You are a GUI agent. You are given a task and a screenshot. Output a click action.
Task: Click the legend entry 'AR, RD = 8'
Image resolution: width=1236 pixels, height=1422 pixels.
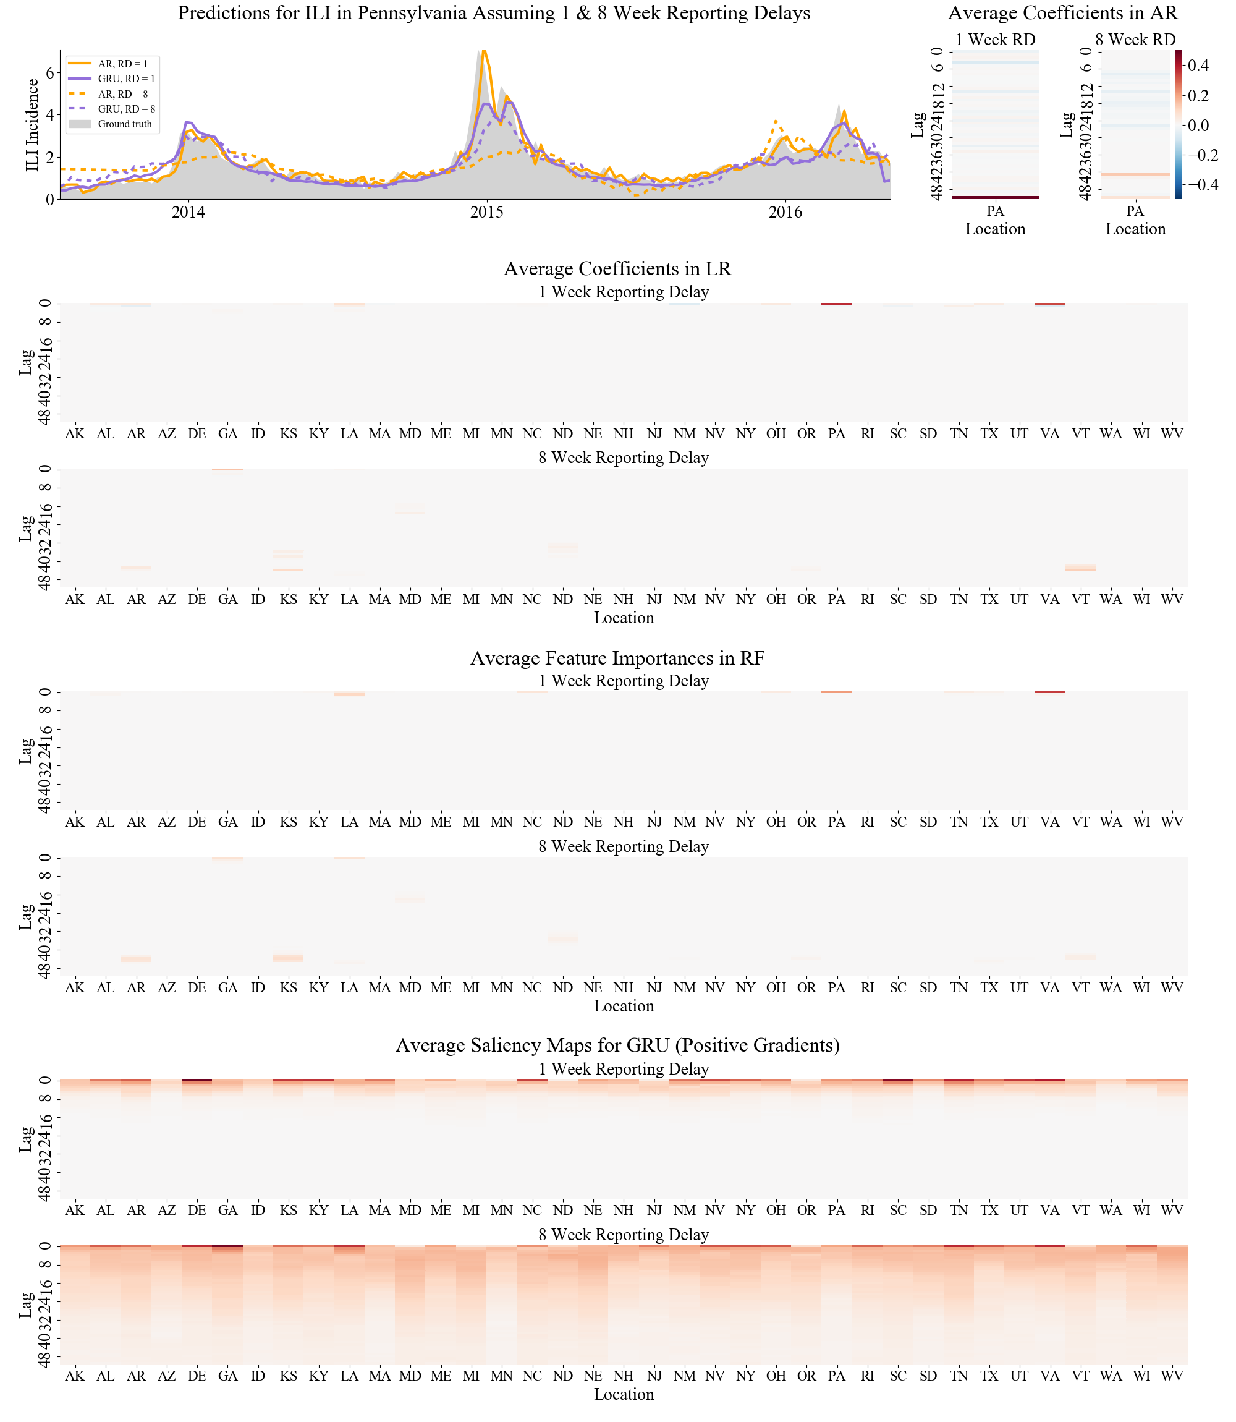[x=122, y=94]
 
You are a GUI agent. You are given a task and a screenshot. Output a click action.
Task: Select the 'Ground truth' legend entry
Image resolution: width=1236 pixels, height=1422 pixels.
[x=124, y=124]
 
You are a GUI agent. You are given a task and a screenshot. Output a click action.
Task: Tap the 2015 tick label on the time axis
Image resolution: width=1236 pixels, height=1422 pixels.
[x=487, y=213]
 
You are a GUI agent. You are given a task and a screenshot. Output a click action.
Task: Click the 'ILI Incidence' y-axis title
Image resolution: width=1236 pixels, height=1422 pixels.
[x=32, y=125]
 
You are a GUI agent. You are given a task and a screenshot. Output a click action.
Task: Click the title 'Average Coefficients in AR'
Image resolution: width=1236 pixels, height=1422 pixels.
[x=1063, y=13]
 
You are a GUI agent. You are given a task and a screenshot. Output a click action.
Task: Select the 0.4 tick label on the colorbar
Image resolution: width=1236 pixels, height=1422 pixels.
[x=1200, y=66]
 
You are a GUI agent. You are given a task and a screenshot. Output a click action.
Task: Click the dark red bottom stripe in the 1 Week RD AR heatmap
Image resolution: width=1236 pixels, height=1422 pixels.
[x=994, y=197]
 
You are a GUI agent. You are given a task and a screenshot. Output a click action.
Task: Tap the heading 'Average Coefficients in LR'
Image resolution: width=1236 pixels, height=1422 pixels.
[x=617, y=268]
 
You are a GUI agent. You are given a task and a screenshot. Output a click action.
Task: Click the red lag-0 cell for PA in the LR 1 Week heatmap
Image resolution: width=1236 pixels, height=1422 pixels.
[x=836, y=304]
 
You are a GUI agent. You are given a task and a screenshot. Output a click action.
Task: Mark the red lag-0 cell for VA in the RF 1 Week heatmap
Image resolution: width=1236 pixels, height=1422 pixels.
[x=1050, y=692]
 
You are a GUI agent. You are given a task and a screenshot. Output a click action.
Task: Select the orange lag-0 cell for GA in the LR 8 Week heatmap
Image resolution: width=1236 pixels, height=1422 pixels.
[x=227, y=470]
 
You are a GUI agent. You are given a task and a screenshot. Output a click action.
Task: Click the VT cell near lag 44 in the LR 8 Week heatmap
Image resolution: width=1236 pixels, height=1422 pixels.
[x=1080, y=568]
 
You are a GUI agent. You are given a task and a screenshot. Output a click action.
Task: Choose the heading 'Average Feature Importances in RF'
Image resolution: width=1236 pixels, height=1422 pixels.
[x=617, y=658]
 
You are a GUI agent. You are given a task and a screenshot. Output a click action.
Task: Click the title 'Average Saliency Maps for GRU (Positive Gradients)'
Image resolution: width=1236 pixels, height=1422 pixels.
[x=617, y=1045]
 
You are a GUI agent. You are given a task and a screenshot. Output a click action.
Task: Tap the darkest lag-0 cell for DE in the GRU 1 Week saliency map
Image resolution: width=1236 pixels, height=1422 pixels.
[x=197, y=1081]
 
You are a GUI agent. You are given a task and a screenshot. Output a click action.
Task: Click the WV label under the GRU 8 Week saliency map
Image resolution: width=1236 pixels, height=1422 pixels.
[x=1172, y=1376]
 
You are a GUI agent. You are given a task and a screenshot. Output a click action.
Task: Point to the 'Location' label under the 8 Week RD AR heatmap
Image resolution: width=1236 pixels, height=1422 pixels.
[x=1135, y=229]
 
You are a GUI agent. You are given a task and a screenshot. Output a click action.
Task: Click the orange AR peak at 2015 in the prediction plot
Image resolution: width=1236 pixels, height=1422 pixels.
[x=484, y=51]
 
